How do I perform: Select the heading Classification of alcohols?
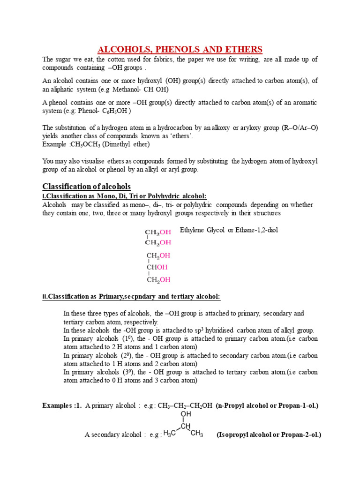(87, 186)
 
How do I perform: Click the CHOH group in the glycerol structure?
(157, 267)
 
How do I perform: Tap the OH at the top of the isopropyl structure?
(186, 414)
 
